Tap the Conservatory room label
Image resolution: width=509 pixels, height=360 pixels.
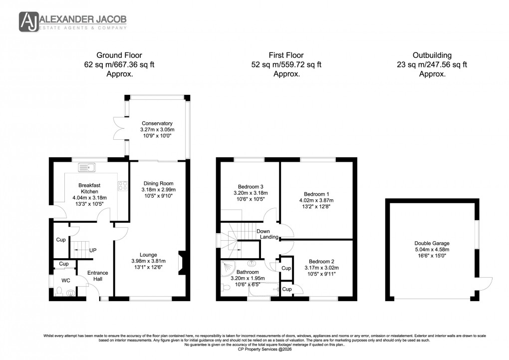[x=157, y=123]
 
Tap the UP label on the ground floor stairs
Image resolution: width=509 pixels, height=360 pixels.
[x=92, y=250]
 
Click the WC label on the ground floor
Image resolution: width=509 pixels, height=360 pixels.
[x=65, y=281]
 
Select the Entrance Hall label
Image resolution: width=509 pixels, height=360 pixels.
[x=98, y=276]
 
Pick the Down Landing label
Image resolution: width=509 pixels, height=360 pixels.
[x=263, y=235]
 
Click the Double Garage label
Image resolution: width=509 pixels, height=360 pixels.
[x=433, y=244]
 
